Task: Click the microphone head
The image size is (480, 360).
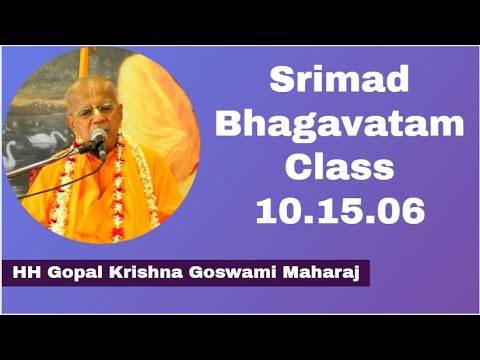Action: click(98, 138)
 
